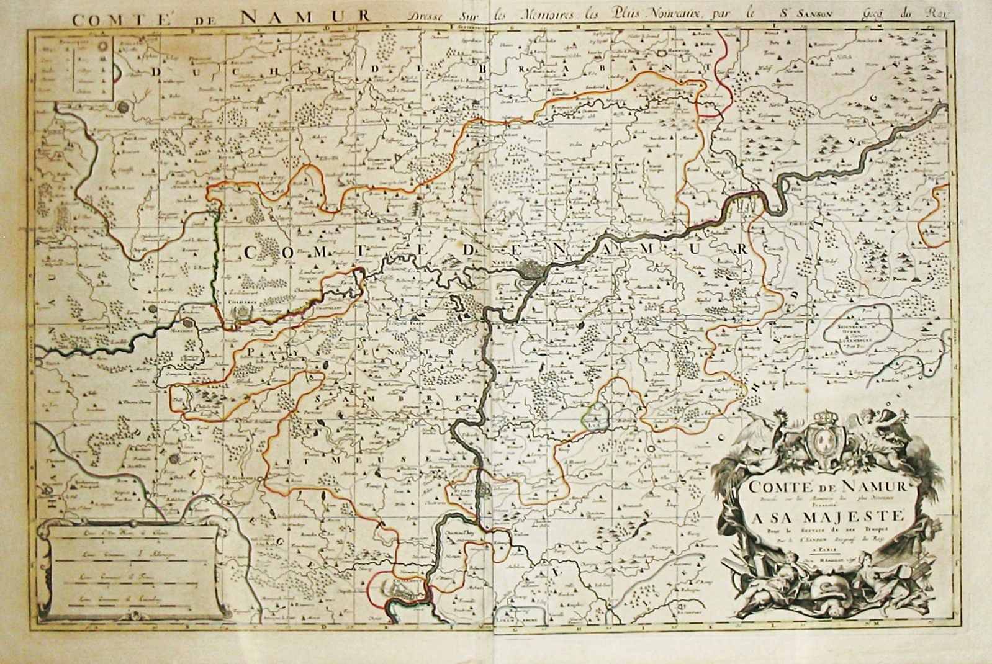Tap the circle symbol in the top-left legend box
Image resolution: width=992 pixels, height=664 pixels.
click(104, 46)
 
